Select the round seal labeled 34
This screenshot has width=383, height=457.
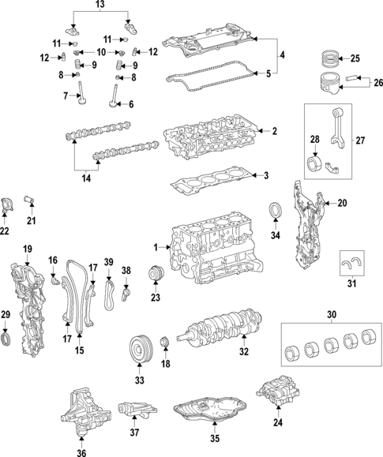pyautogui.click(x=276, y=212)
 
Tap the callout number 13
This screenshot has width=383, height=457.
pyautogui.click(x=99, y=6)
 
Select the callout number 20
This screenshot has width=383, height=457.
pyautogui.click(x=342, y=203)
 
